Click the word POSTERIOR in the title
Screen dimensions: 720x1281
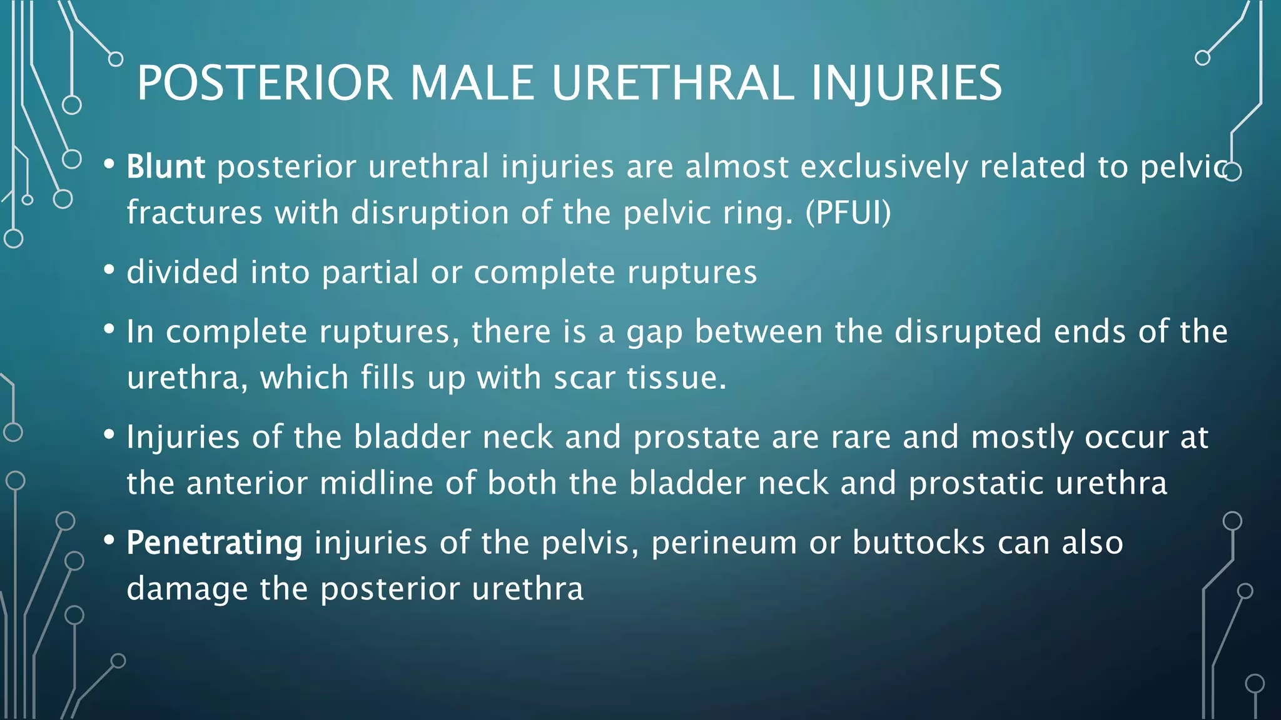coord(265,83)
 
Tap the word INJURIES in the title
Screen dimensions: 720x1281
coord(906,83)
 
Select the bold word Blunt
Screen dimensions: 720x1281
coord(166,167)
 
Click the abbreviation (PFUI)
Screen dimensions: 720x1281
coord(848,212)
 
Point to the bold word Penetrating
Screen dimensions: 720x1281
coord(215,542)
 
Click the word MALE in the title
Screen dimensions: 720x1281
coord(472,83)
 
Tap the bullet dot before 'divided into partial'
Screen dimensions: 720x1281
coord(109,270)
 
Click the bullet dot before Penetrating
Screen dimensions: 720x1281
coord(109,540)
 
